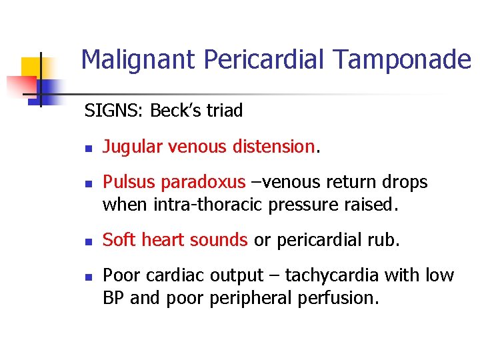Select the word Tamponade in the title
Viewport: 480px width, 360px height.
pyautogui.click(x=403, y=61)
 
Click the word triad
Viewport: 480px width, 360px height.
pyautogui.click(x=226, y=111)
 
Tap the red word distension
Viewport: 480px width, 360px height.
pyautogui.click(x=274, y=147)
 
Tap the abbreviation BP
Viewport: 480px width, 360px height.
pyautogui.click(x=113, y=298)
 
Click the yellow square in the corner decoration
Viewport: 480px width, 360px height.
pyautogui.click(x=32, y=68)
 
